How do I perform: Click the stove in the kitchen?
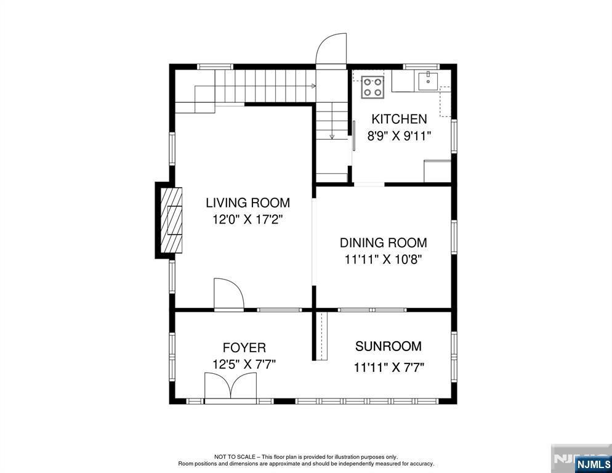pyautogui.click(x=372, y=87)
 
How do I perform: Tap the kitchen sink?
pyautogui.click(x=428, y=81)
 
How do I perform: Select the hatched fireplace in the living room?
pyautogui.click(x=172, y=219)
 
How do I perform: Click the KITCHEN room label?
pyautogui.click(x=398, y=119)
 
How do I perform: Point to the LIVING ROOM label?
pyautogui.click(x=248, y=203)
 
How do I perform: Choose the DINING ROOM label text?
pyautogui.click(x=383, y=243)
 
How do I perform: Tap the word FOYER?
pyautogui.click(x=244, y=348)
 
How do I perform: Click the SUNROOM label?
pyautogui.click(x=389, y=346)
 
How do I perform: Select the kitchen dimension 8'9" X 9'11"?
pyautogui.click(x=399, y=136)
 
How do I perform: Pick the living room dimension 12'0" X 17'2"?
pyautogui.click(x=248, y=219)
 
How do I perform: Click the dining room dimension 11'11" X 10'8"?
pyautogui.click(x=383, y=259)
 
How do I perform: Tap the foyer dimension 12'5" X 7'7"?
pyautogui.click(x=244, y=365)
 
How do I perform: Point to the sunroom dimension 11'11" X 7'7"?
pyautogui.click(x=389, y=368)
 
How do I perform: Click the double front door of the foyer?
pyautogui.click(x=231, y=388)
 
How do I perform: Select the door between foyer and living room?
pyautogui.click(x=228, y=294)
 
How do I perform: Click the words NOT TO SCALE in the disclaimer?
pyautogui.click(x=230, y=457)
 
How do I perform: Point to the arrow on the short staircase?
pyautogui.click(x=332, y=136)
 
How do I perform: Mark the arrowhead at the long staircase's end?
pyautogui.click(x=314, y=86)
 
